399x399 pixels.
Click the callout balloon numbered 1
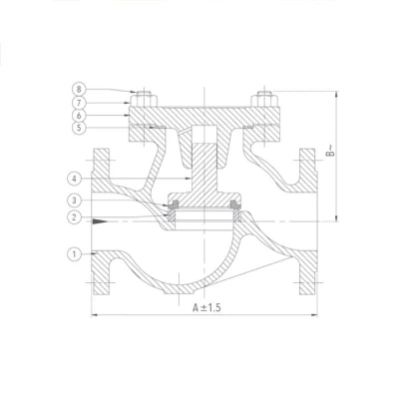74,254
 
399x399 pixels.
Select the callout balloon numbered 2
74,217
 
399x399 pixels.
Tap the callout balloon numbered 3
74,200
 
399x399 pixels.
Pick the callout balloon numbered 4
74,179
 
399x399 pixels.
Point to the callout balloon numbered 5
79,128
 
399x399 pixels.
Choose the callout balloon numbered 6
79,116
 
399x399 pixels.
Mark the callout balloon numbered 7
79,103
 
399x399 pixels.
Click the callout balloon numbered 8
79,89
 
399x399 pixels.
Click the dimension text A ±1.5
206,307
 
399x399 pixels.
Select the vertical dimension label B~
330,151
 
